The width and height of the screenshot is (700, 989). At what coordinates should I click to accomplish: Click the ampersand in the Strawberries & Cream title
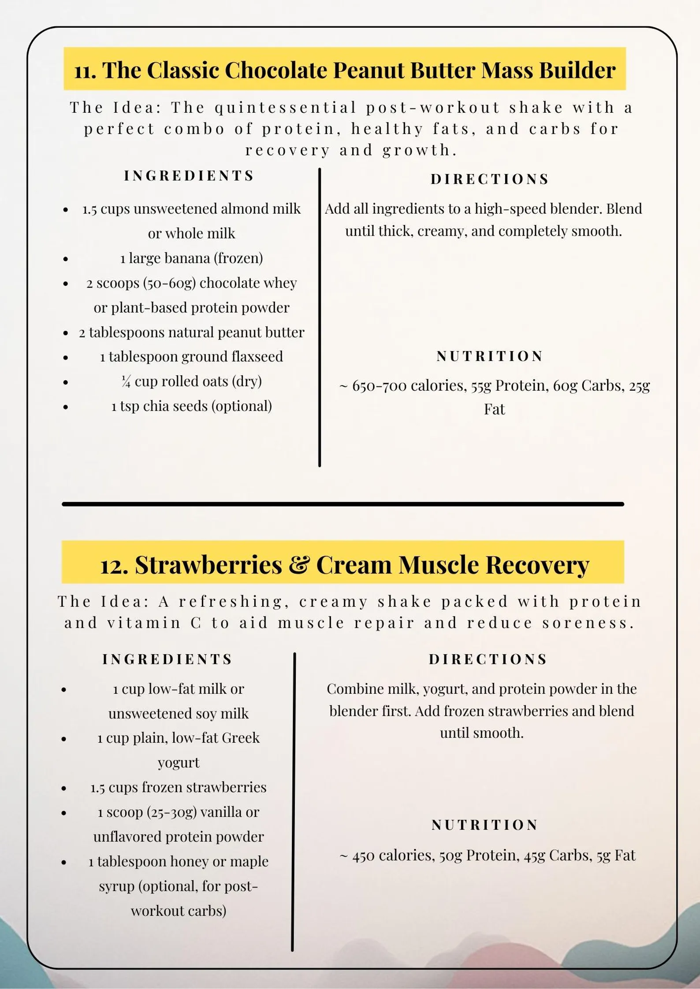[299, 564]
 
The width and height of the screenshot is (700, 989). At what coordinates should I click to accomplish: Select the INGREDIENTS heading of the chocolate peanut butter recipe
[189, 175]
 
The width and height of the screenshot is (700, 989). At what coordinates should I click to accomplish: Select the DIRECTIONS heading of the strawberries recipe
[488, 659]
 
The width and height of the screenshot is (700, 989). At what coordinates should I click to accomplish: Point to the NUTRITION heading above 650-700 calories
[490, 356]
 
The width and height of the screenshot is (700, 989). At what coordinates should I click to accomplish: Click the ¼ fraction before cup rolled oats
[126, 381]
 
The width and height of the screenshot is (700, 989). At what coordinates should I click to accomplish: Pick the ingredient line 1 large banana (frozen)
[191, 258]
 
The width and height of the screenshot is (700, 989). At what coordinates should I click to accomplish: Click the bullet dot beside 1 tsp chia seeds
[66, 407]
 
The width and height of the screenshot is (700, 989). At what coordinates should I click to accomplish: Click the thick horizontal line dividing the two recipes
[343, 504]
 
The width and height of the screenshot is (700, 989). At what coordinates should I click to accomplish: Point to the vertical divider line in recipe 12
[294, 802]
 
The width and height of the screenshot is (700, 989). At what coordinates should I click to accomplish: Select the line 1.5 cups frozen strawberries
[178, 787]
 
